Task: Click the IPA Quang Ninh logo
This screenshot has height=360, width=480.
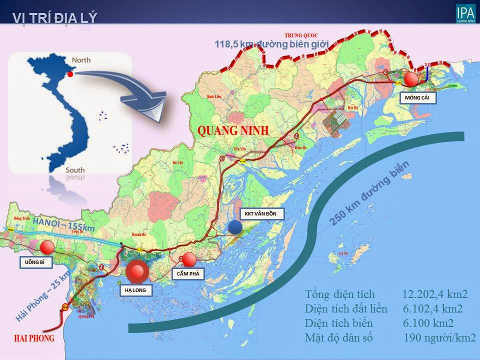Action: pos(465,13)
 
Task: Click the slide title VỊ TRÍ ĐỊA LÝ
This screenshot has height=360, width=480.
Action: pos(55,17)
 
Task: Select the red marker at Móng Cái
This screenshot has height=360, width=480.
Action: pos(411,79)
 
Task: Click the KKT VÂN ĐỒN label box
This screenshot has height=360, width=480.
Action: pos(261,214)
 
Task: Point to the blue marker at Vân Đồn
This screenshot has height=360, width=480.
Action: pos(235,227)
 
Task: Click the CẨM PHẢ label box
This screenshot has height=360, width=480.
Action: pos(188,274)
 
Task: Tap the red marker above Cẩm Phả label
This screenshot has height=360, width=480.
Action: pos(189,259)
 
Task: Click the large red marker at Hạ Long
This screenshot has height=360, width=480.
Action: pos(136,272)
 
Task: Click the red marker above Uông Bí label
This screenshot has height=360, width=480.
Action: pos(47,247)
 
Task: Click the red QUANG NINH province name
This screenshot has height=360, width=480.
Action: pos(233,131)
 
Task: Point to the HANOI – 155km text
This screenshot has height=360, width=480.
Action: pos(64,221)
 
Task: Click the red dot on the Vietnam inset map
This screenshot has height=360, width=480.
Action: pos(70,74)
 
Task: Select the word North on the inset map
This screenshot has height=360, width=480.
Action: pos(81,60)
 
